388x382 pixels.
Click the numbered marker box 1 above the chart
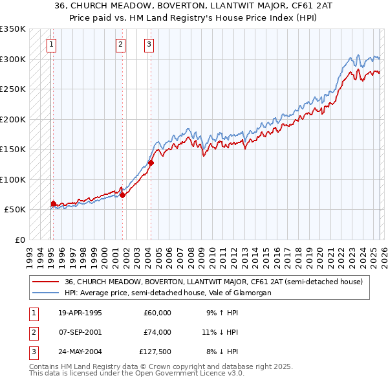click(51, 45)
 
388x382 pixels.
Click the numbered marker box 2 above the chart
click(120, 45)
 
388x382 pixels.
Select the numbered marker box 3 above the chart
click(149, 45)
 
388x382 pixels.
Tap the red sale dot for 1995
click(53, 203)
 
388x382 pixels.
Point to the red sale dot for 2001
click(122, 195)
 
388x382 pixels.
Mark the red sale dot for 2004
click(151, 163)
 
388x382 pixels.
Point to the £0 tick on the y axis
click(19, 240)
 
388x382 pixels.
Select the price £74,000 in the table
click(156, 332)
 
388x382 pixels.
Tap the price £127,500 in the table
click(155, 352)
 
